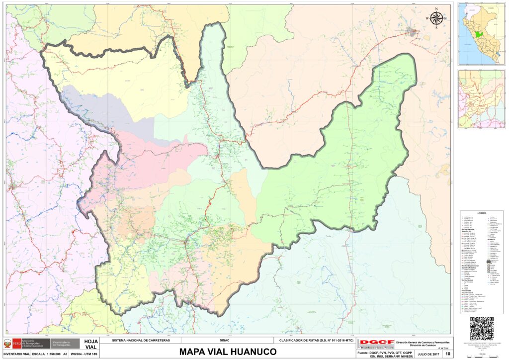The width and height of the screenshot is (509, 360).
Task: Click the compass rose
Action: pyautogui.click(x=436, y=18)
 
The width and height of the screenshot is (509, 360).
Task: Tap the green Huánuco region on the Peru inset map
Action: pyautogui.click(x=478, y=36)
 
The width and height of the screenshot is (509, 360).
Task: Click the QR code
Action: pyautogui.click(x=481, y=328)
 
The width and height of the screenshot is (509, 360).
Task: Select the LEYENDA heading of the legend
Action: pyautogui.click(x=481, y=213)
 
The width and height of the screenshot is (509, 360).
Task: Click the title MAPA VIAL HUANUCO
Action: pyautogui.click(x=228, y=352)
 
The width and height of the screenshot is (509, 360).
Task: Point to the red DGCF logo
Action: pyautogui.click(x=376, y=343)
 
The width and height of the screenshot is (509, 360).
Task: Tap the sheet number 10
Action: pyautogui.click(x=448, y=354)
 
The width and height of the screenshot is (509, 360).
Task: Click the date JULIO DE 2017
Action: pyautogui.click(x=428, y=354)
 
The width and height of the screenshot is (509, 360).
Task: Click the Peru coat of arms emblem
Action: pyautogui.click(x=7, y=344)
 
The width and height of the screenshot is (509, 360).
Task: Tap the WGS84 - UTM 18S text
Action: pyautogui.click(x=85, y=354)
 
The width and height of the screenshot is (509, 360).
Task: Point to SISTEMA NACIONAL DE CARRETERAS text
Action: pyautogui.click(x=141, y=341)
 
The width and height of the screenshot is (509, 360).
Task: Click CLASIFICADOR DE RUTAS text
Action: pyautogui.click(x=314, y=341)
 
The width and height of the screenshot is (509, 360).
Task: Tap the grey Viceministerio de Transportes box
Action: pyautogui.click(x=65, y=344)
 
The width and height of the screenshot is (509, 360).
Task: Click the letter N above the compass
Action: pyautogui.click(x=436, y=9)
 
